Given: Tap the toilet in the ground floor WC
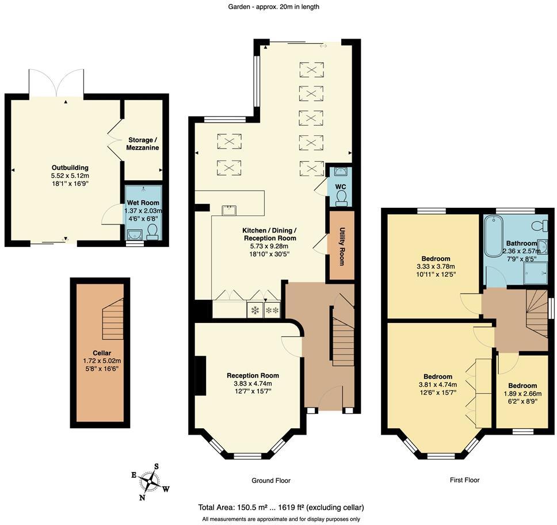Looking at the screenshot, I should [x=341, y=197].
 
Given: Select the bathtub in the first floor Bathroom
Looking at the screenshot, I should [x=493, y=235].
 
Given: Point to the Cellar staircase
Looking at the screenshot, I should [x=113, y=319].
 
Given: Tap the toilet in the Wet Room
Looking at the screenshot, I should [x=152, y=232].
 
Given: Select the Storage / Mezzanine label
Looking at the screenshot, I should [x=142, y=144].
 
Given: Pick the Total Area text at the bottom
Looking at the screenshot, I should [x=281, y=507].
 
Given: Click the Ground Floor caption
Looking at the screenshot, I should [x=270, y=480].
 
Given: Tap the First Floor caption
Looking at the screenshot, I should [x=464, y=480].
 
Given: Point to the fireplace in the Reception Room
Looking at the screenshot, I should [x=201, y=376].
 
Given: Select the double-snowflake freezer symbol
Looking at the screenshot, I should [x=272, y=310].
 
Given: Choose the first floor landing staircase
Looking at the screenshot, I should [x=536, y=314].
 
